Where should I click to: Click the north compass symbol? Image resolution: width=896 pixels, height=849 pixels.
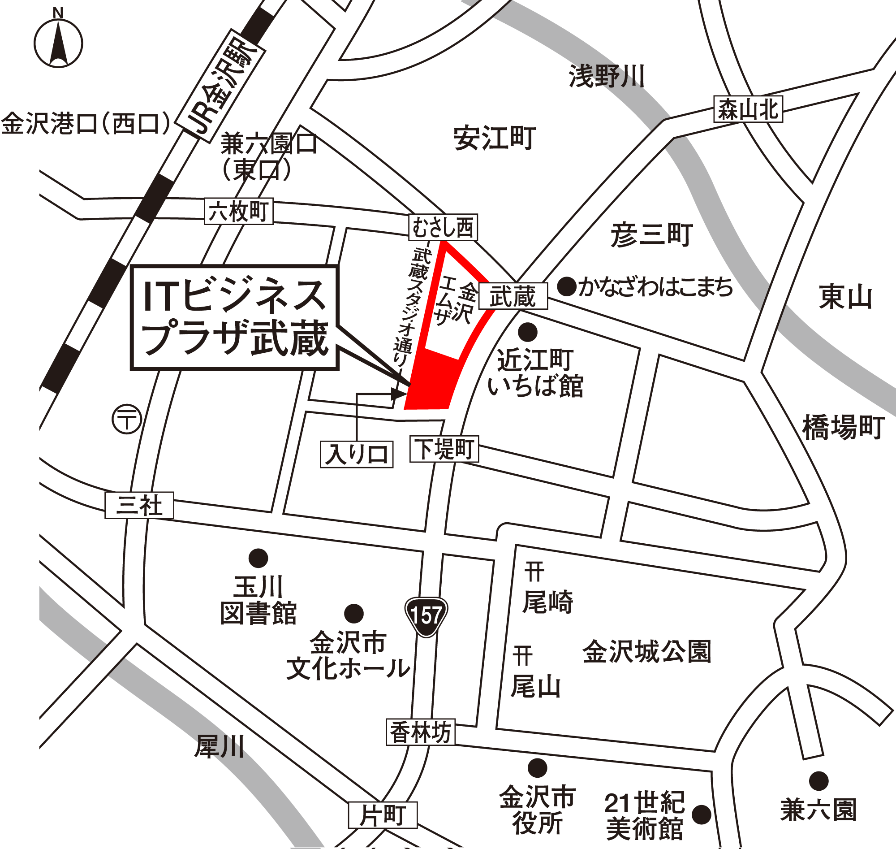(x=58, y=43)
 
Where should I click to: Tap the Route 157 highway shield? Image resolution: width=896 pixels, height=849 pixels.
(x=426, y=616)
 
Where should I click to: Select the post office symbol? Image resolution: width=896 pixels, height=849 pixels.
(x=127, y=419)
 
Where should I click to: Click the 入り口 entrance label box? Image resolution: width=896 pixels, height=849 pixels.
(x=357, y=454)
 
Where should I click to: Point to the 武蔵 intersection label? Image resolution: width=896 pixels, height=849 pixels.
(x=513, y=296)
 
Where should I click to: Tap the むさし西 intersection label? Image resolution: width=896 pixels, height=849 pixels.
(x=443, y=227)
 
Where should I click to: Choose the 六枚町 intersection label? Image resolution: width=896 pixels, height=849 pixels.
(x=238, y=211)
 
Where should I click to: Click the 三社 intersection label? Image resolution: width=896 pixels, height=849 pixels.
(x=139, y=505)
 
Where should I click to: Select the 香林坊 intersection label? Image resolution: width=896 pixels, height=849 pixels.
(x=420, y=732)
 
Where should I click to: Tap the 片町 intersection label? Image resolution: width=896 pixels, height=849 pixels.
(x=383, y=815)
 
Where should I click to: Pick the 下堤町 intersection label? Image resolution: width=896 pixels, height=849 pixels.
(x=444, y=449)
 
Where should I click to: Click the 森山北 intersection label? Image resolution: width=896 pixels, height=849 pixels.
(x=748, y=109)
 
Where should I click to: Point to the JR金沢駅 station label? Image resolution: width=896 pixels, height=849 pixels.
(x=220, y=86)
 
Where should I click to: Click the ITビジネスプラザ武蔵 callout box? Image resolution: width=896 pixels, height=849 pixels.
(x=234, y=318)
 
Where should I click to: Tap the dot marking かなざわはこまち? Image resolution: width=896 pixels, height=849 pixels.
(x=566, y=286)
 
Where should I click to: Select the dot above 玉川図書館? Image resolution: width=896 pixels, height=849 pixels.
(x=258, y=559)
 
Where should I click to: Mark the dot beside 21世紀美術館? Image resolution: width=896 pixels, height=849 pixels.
(x=702, y=814)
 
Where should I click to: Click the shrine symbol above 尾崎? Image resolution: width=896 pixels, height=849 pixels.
(x=534, y=572)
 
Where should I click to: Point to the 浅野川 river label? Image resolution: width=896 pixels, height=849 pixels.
(x=607, y=76)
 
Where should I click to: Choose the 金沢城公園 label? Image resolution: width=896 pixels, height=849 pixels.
(x=647, y=652)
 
